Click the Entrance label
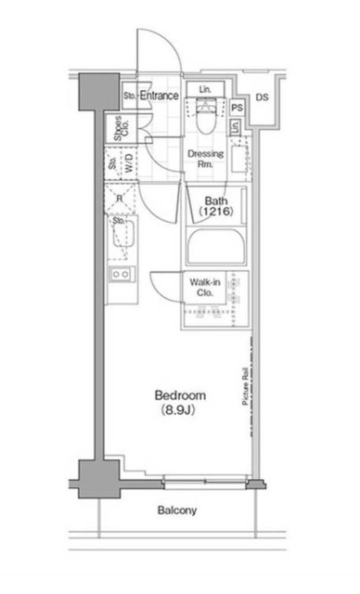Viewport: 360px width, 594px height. pos(159,96)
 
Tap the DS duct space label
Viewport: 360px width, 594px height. pos(262,97)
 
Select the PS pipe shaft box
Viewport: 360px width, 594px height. pos(237,108)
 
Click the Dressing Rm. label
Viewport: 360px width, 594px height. pos(206,159)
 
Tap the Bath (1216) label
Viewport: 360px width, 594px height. pos(216,206)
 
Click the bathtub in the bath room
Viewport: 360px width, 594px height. pos(216,246)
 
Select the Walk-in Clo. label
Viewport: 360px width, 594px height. pos(205,287)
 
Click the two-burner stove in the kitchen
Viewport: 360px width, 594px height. pos(121,275)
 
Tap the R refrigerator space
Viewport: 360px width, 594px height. pos(120,198)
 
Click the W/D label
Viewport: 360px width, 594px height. pos(129,163)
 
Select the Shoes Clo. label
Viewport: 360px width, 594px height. pos(122,128)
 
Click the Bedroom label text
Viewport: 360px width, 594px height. pos(180,395)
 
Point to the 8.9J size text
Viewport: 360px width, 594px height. pos(178,410)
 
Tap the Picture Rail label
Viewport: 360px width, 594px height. pos(245,386)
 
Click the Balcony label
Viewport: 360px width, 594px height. pos(177,510)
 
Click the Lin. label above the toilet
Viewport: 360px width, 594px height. pos(205,90)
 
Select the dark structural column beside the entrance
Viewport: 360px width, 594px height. pos(99,92)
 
